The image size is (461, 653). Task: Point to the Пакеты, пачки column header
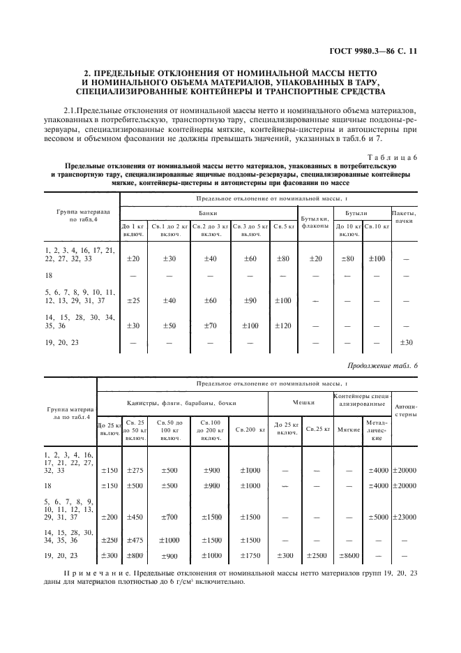(404, 216)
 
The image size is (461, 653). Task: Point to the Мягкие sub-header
(347, 429)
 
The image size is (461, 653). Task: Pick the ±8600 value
(347, 556)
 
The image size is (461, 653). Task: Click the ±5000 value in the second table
(377, 517)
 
